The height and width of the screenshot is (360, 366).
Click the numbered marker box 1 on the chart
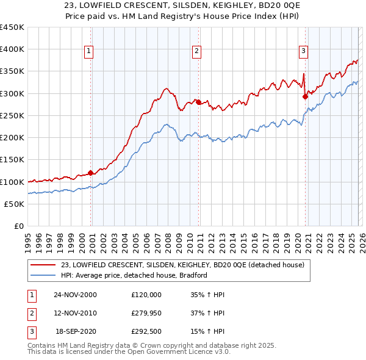(89, 52)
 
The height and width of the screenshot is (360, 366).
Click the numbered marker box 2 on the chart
(197, 52)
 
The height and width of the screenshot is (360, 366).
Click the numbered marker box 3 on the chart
(303, 52)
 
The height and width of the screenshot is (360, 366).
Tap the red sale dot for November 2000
(91, 173)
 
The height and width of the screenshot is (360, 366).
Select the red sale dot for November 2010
(198, 102)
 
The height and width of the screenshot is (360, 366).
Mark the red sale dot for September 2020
(305, 96)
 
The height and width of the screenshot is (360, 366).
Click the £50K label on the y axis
(15, 204)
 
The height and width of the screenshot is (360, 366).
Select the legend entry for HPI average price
(134, 275)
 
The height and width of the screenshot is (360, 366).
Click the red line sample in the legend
(43, 265)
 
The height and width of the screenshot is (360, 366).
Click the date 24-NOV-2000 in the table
(75, 294)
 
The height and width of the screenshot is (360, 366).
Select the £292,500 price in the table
(146, 332)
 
